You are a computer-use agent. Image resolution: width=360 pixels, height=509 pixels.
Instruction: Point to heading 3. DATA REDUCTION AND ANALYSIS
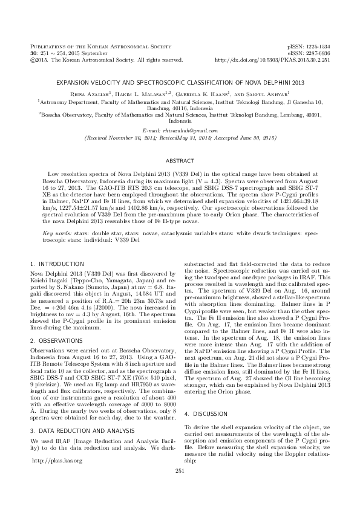[x=80, y=396]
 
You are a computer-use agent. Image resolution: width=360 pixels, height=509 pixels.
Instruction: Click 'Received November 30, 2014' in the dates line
[x=126, y=138]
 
